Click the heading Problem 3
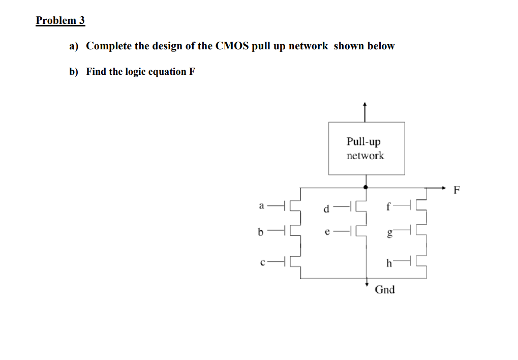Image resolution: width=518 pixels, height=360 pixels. point(60,21)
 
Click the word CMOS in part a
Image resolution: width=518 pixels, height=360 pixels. point(232,46)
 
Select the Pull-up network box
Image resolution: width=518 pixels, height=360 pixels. point(367,148)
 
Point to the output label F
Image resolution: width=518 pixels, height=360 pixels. point(456,191)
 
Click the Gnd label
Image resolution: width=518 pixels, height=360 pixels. point(384,290)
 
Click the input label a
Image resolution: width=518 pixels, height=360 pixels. point(261,206)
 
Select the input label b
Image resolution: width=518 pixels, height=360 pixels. point(261,232)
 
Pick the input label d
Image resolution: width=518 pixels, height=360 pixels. point(328,207)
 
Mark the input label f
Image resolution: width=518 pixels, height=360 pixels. point(389,206)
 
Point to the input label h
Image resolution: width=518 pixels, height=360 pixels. point(389,263)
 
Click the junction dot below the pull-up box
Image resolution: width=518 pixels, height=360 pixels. point(365,187)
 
